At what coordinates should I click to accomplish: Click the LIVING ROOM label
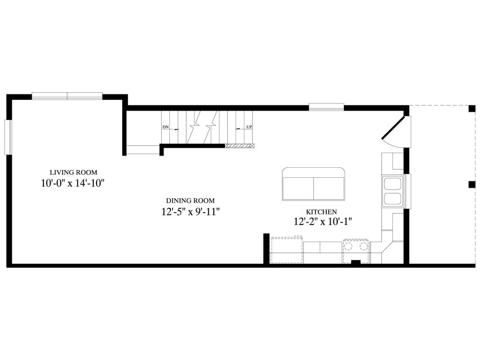[73, 172]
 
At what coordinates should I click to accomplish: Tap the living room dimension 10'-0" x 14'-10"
[73, 183]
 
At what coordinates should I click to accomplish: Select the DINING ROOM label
[191, 201]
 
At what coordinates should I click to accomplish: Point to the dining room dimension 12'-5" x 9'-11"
[191, 211]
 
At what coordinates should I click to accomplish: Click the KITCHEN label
[322, 212]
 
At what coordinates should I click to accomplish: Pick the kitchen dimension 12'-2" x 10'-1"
[323, 221]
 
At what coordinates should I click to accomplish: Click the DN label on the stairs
[166, 127]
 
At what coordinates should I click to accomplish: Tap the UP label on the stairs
[249, 127]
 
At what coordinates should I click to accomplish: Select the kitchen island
[313, 184]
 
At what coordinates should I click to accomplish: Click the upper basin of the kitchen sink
[392, 184]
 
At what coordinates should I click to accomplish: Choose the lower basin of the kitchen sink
[392, 198]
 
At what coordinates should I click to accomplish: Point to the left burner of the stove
[349, 246]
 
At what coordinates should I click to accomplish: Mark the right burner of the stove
[363, 246]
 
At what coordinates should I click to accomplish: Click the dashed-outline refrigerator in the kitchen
[287, 249]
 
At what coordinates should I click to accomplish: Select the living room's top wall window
[67, 96]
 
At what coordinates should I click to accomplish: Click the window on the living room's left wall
[8, 137]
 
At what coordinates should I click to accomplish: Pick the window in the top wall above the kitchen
[326, 107]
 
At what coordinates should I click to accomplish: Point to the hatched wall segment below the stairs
[240, 146]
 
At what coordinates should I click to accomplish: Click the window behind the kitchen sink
[408, 191]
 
